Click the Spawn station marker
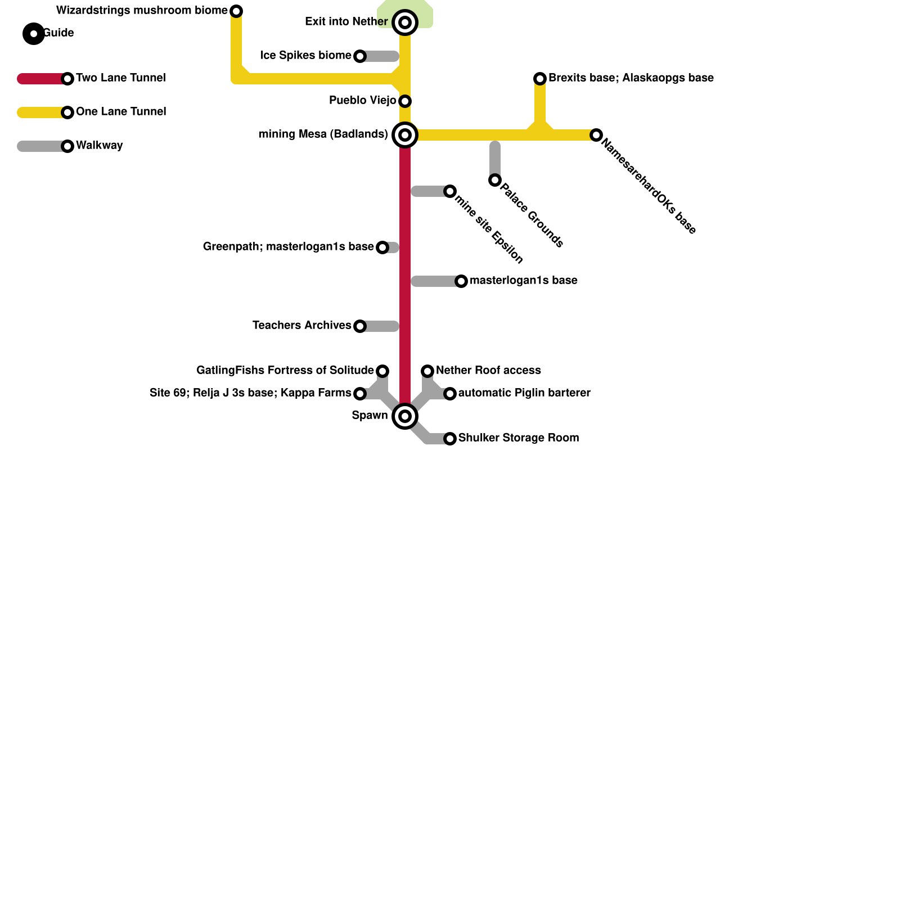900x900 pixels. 405,416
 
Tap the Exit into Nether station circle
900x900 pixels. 405,22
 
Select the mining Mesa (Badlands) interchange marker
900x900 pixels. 405,135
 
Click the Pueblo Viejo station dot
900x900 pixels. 405,101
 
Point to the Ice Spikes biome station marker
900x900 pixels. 360,56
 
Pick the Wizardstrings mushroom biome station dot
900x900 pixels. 237,11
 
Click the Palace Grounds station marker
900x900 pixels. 495,180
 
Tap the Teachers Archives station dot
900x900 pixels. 360,326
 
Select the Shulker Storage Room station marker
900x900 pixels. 450,439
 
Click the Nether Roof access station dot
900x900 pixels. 427,371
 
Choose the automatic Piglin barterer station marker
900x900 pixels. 450,394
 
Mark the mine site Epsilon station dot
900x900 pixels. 450,191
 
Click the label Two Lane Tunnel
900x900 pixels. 120,78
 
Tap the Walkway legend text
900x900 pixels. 99,146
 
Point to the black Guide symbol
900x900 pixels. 34,34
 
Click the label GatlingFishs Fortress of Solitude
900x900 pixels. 285,371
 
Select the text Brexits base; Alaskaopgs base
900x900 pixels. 631,78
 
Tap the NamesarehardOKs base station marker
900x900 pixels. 596,135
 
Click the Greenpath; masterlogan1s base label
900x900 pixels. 288,247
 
